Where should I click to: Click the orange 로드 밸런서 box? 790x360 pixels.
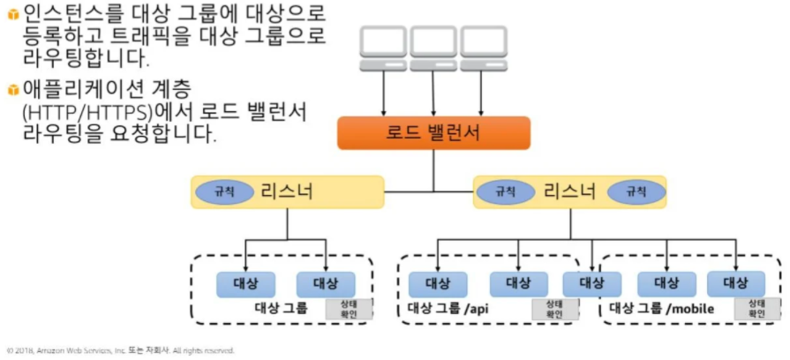[433, 133]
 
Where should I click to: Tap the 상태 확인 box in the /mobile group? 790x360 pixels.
[757, 308]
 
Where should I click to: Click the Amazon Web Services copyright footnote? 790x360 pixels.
[120, 350]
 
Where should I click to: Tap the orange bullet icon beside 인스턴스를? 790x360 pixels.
[13, 15]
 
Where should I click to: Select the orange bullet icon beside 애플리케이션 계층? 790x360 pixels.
[13, 90]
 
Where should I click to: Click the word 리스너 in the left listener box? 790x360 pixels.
[287, 191]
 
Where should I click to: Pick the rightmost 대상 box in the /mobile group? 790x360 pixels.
[735, 284]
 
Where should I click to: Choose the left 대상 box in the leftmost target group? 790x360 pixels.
[245, 284]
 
